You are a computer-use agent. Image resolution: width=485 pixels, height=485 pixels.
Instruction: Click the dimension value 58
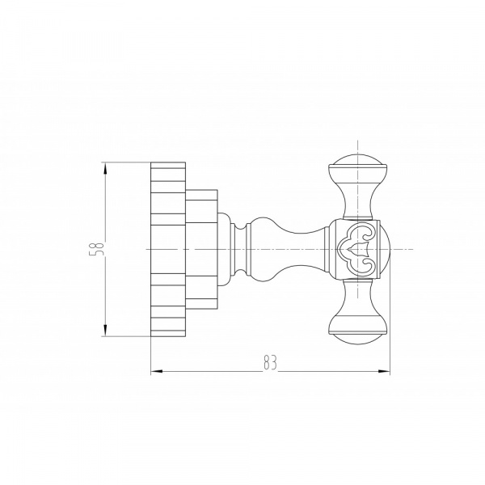tap(96, 248)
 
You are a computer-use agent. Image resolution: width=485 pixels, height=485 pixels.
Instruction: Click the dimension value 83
tap(270, 362)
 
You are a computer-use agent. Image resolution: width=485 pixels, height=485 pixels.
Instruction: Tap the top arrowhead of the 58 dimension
tap(105, 169)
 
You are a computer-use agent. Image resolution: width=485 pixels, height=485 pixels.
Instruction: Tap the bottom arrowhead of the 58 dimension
tap(105, 330)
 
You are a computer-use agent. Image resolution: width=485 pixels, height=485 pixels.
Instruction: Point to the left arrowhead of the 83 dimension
tap(157, 371)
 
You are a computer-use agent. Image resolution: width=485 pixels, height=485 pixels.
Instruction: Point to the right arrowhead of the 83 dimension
tap(383, 371)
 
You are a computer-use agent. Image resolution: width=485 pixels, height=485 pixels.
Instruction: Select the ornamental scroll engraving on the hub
tap(358, 249)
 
